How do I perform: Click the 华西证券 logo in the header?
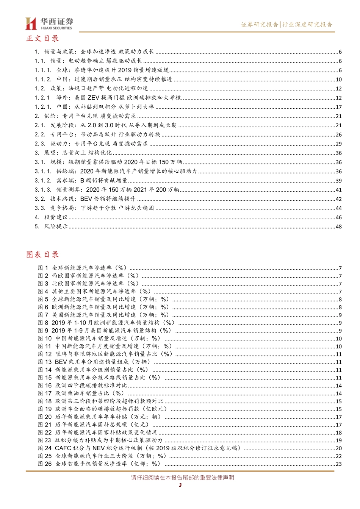[x=49, y=23]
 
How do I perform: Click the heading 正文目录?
[x=42, y=39]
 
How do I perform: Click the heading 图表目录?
[x=42, y=254]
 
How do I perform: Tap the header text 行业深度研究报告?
[x=308, y=25]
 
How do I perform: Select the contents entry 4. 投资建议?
[x=51, y=217]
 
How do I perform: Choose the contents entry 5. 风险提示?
[x=51, y=226]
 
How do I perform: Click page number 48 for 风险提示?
[x=338, y=227]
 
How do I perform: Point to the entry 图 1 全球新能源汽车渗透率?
[x=83, y=268]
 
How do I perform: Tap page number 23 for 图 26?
[x=338, y=464]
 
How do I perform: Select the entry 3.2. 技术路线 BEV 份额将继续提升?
[x=85, y=199]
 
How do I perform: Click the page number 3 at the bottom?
[x=180, y=485]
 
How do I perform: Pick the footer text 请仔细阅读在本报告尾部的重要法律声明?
[x=182, y=478]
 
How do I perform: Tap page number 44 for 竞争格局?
[x=338, y=208]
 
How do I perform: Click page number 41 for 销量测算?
[x=338, y=190]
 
